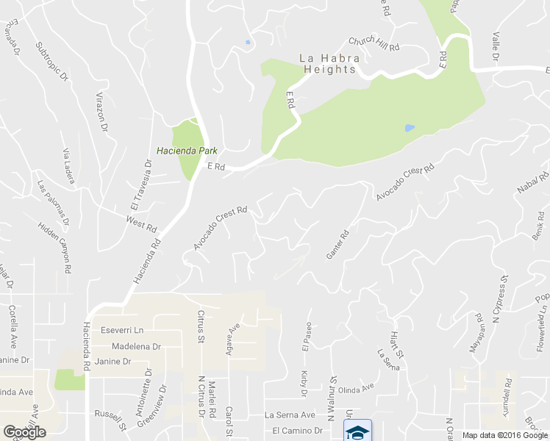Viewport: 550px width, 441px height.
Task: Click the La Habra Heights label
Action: coord(327,64)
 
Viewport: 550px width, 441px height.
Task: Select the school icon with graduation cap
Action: coord(358,431)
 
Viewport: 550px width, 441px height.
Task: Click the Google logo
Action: coord(24,432)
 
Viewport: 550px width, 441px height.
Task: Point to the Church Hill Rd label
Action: coord(374,43)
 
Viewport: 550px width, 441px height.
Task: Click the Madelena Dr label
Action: coord(135,346)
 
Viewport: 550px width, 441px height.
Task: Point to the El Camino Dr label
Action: coord(298,430)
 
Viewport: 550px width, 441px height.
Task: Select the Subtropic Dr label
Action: coord(51,60)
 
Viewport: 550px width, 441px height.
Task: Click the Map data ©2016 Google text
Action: coord(504,435)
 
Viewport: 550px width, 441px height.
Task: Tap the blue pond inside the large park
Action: coord(409,127)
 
